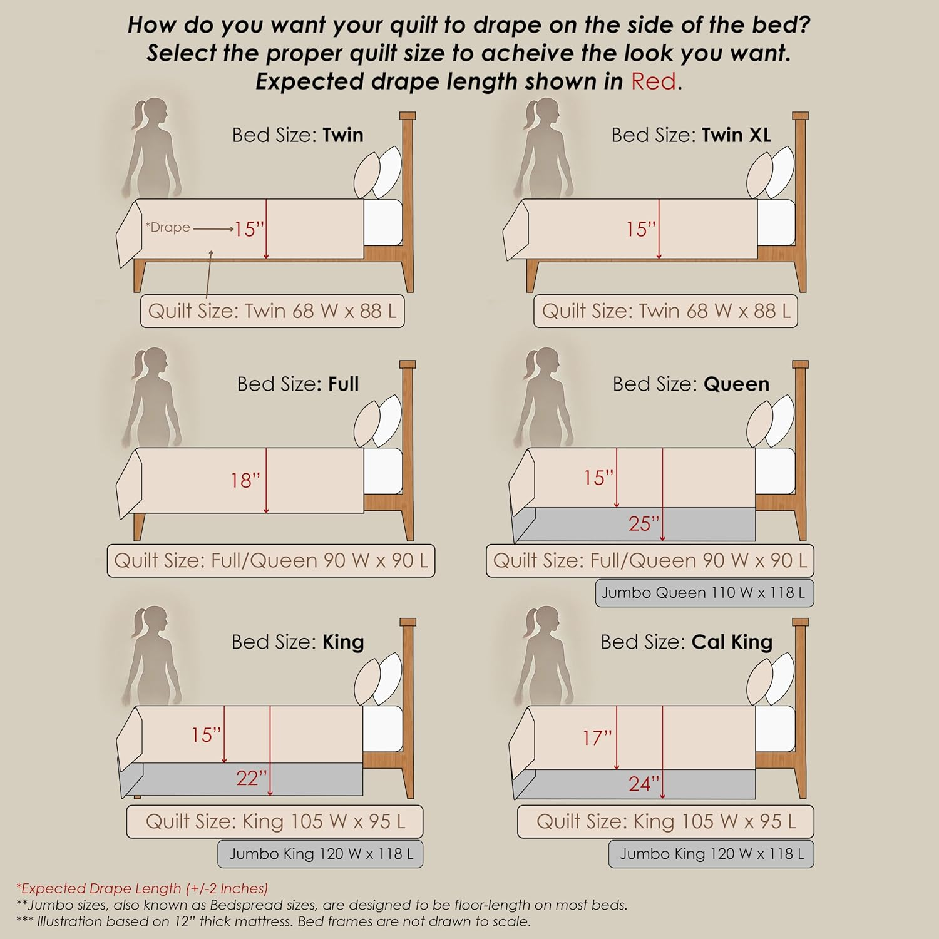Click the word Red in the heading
(x=654, y=81)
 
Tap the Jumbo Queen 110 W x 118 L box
(x=704, y=593)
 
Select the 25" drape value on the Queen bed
(x=644, y=523)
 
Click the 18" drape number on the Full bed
(x=245, y=480)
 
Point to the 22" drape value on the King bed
(x=252, y=778)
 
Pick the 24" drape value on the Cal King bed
(x=644, y=784)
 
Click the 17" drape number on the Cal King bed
(x=597, y=738)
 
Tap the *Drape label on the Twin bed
(x=167, y=227)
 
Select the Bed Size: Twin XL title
(x=691, y=135)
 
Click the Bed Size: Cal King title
(x=687, y=642)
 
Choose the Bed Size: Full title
(x=298, y=384)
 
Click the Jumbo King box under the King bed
(x=321, y=854)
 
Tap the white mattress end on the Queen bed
(x=775, y=471)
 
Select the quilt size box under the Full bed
(x=271, y=560)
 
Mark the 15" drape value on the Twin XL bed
(x=640, y=229)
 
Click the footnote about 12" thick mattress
(x=273, y=921)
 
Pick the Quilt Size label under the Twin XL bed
(x=665, y=311)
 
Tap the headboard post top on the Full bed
(x=408, y=364)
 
